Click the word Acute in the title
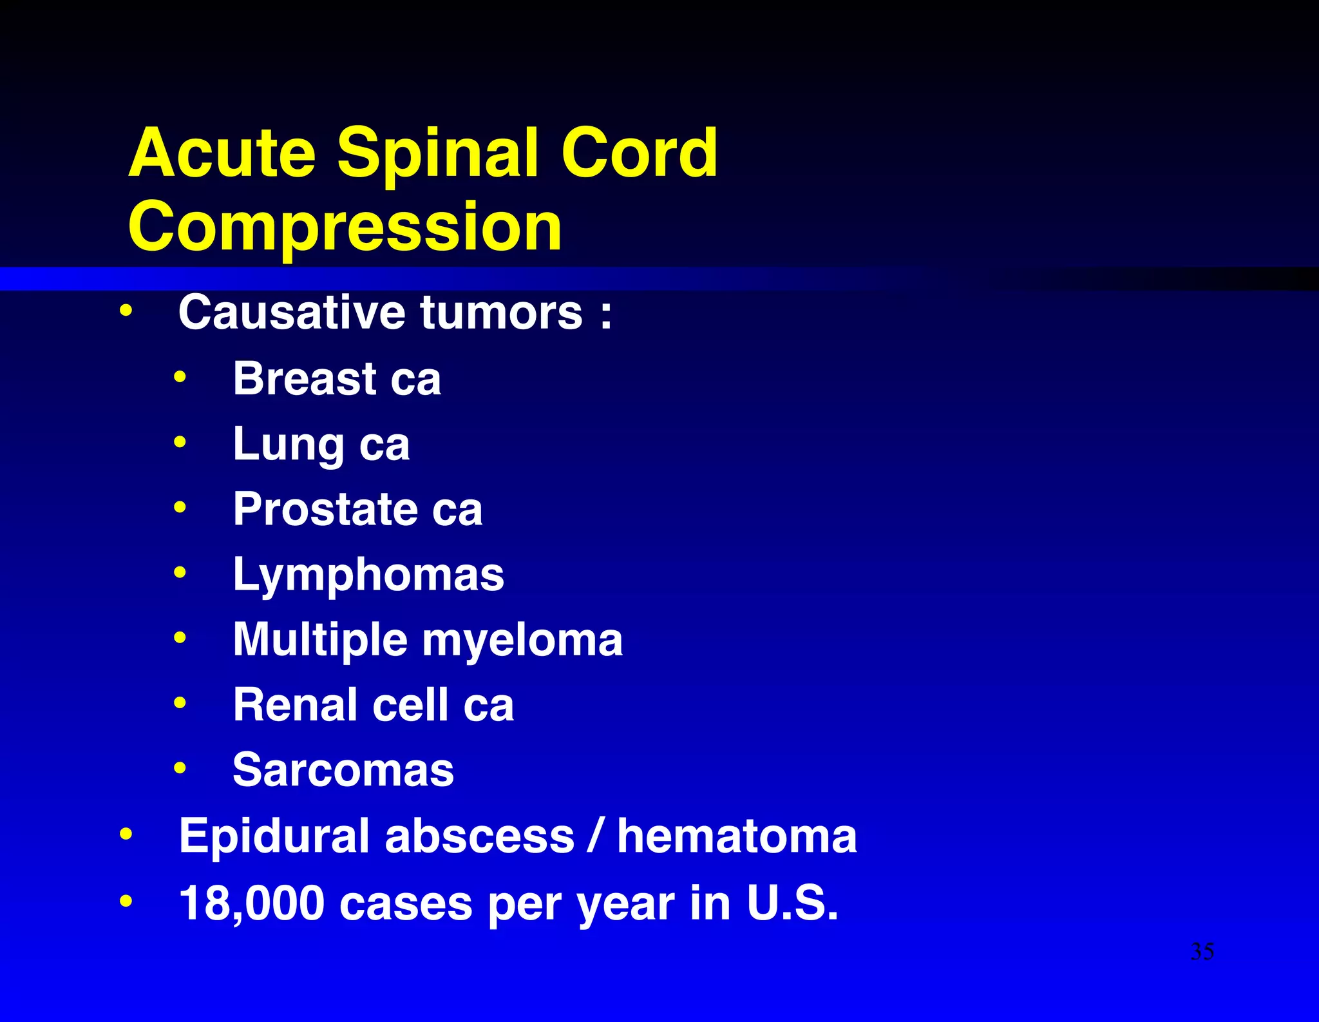(x=222, y=153)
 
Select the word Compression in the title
(x=345, y=227)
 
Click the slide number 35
(x=1202, y=951)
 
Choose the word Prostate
(x=325, y=509)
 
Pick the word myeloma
(x=522, y=641)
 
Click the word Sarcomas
(x=343, y=770)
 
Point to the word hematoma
(x=737, y=836)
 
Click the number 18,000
(x=251, y=903)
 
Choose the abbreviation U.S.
(x=792, y=903)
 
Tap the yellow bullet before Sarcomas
(x=180, y=768)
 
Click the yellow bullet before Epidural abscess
(x=126, y=835)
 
